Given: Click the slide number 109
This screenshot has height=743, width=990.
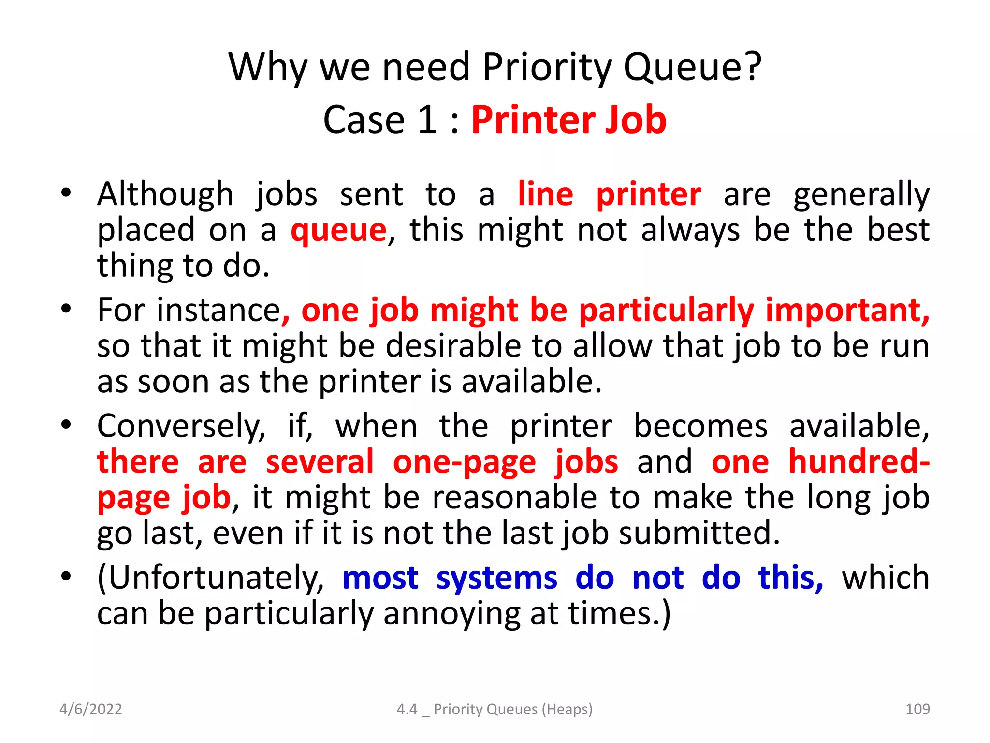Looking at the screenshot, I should [x=917, y=709].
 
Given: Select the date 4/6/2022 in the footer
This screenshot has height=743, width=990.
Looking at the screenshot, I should [x=90, y=709].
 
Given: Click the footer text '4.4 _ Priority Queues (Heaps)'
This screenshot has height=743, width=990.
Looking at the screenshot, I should [x=494, y=709].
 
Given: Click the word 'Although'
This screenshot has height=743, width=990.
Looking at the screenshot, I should [x=165, y=194].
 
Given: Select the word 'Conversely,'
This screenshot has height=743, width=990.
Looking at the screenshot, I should [x=181, y=426].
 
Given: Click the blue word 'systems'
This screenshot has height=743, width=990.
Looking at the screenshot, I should [x=496, y=578].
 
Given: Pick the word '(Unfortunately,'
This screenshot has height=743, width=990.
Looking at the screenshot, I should [x=211, y=578].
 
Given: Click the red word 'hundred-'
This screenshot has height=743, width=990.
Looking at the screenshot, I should [x=859, y=461].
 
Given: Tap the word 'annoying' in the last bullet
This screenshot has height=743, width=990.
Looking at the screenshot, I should [x=451, y=614].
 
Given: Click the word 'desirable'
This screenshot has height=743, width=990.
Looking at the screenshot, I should [x=454, y=346].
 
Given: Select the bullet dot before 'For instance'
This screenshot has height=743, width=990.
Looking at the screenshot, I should [x=66, y=308].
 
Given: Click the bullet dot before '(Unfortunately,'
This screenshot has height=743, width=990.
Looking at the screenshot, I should [x=66, y=576].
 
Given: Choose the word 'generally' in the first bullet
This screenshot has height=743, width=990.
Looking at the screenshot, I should [x=861, y=195].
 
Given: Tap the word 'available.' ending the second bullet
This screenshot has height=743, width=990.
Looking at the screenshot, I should [x=531, y=382].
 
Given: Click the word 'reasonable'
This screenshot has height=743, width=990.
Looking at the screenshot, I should [x=514, y=497].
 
